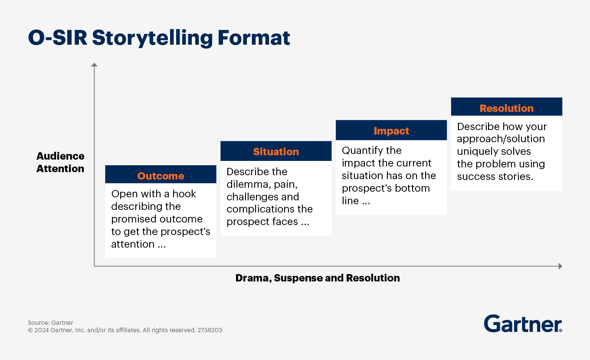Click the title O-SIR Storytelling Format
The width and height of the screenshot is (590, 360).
point(159,38)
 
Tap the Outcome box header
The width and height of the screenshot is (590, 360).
point(161,176)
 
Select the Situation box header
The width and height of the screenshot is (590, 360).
point(276,151)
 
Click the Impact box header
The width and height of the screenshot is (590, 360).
point(391,131)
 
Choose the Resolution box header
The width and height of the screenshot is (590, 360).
point(506,108)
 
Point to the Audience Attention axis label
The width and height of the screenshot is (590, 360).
point(60,162)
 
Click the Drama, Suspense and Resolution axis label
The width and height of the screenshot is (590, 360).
point(318,278)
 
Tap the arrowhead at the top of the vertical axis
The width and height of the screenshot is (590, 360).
point(94,65)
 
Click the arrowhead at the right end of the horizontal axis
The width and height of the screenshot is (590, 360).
point(560,266)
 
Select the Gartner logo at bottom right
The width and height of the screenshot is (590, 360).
point(523,324)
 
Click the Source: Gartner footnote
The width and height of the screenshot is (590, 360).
point(50,323)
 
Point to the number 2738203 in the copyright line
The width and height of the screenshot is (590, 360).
point(210,330)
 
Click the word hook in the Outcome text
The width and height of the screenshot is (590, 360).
point(184,194)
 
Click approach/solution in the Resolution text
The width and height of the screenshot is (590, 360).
point(501,139)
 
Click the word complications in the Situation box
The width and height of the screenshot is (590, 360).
point(256,209)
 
